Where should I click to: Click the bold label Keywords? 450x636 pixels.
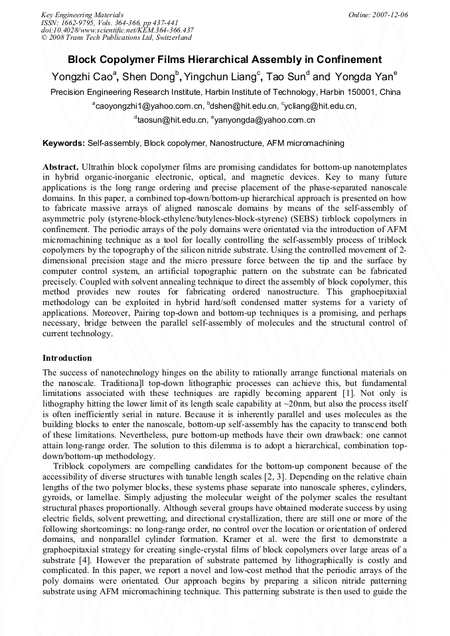64,143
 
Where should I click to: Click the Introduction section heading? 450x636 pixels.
67,358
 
